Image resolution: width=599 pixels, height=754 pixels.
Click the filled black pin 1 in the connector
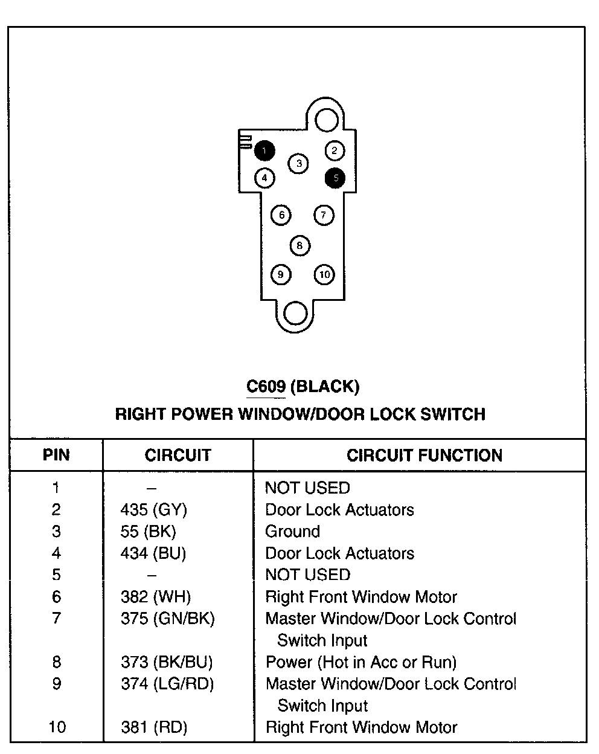click(x=264, y=150)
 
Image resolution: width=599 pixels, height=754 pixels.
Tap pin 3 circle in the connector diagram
click(x=298, y=163)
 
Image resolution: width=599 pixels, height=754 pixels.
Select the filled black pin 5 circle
click(x=335, y=178)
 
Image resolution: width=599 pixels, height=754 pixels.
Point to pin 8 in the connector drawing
click(x=299, y=245)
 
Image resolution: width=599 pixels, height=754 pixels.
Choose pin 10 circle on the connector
click(x=325, y=275)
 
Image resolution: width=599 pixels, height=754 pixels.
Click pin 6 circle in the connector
click(x=281, y=214)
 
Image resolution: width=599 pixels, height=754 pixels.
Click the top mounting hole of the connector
click(x=327, y=119)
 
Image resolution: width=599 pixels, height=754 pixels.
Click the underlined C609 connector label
click(x=266, y=386)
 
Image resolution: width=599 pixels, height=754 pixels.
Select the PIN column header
click(x=56, y=455)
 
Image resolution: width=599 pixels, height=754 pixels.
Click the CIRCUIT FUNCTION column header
click(x=424, y=456)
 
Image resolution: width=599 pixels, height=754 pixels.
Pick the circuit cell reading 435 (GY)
click(x=154, y=510)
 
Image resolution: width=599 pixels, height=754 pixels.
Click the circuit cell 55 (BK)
click(x=149, y=532)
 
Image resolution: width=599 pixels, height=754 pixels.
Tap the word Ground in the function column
click(x=293, y=532)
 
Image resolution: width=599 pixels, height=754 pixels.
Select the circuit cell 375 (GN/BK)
click(x=168, y=619)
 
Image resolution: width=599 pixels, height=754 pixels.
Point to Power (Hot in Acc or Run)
click(x=361, y=662)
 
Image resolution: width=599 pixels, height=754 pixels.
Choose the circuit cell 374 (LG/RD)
click(x=167, y=684)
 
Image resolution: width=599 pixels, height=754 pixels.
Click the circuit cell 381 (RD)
click(x=154, y=727)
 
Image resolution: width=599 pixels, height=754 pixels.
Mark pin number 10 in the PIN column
click(x=57, y=727)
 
